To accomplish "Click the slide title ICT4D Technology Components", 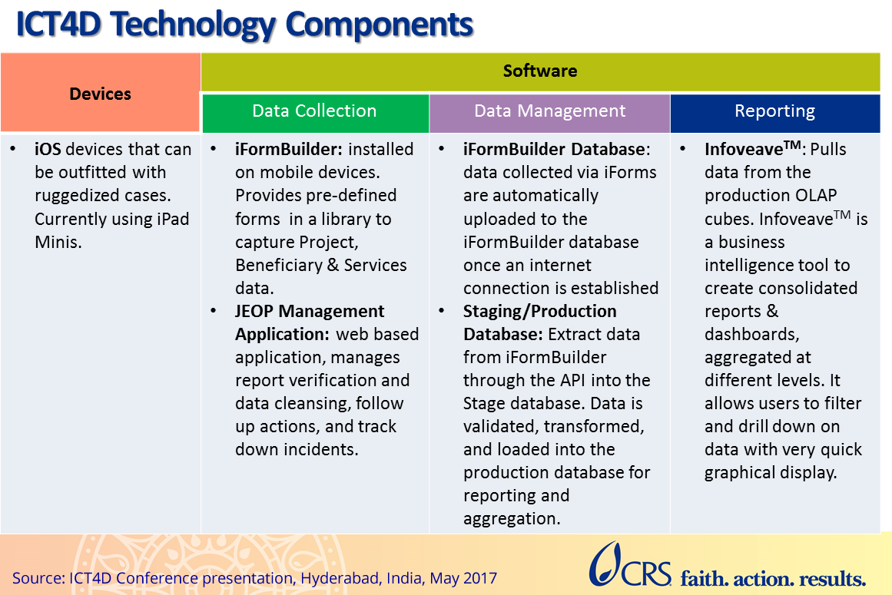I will tap(245, 25).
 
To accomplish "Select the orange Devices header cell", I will tap(100, 94).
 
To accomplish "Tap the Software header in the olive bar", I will tap(539, 71).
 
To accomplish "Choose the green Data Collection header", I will tap(314, 111).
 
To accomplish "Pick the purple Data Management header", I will tap(549, 111).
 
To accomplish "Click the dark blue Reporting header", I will tap(774, 111).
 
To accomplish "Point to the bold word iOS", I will tap(48, 150).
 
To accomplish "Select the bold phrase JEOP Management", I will tap(310, 312).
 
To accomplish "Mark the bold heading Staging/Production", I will tap(539, 312).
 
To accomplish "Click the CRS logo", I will tap(622, 566).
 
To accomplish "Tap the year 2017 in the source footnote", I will tap(479, 578).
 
